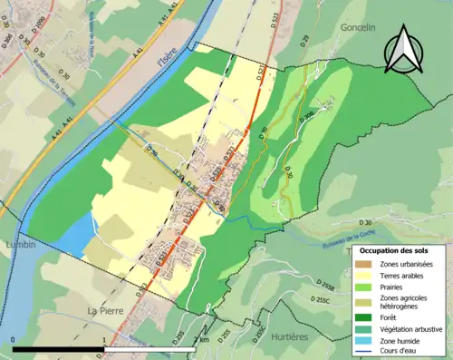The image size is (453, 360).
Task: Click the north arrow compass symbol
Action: (x=404, y=52)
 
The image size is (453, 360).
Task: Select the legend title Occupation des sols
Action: (x=396, y=249)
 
